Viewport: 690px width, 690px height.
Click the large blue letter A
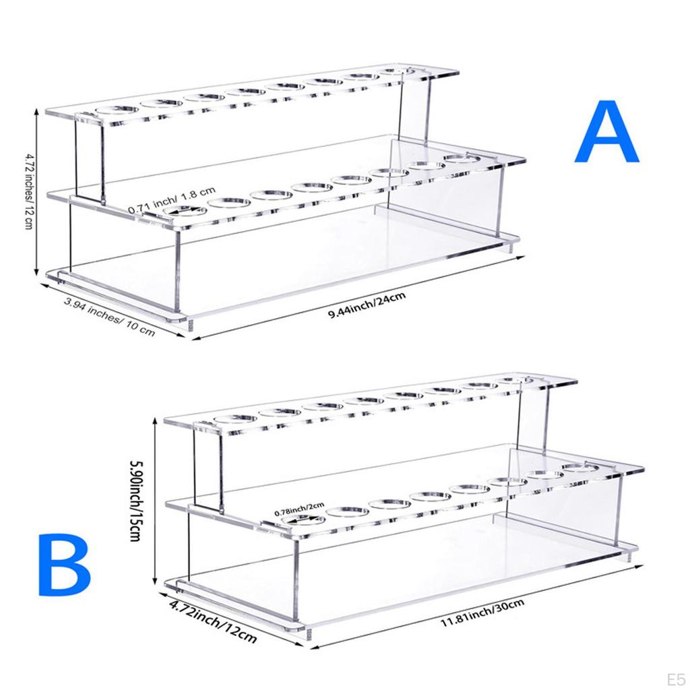[x=606, y=133]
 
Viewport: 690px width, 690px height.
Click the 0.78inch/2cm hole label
[x=299, y=509]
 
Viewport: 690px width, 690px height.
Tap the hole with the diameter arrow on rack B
[x=301, y=521]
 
